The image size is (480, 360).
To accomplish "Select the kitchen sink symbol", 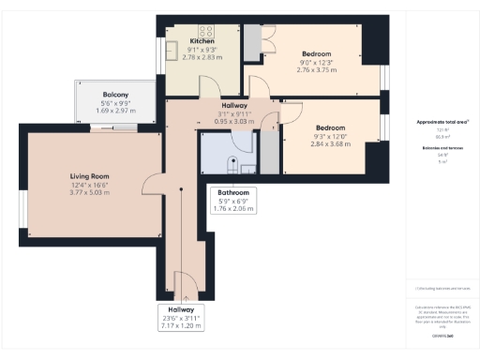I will click(174, 52).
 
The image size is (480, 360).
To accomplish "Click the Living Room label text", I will click(90, 175).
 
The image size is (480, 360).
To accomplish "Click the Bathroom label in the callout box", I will click(235, 193).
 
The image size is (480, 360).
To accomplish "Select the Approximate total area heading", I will click(442, 123).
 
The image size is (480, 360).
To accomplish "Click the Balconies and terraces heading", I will click(442, 148).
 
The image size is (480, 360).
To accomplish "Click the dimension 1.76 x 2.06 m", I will click(235, 210).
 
